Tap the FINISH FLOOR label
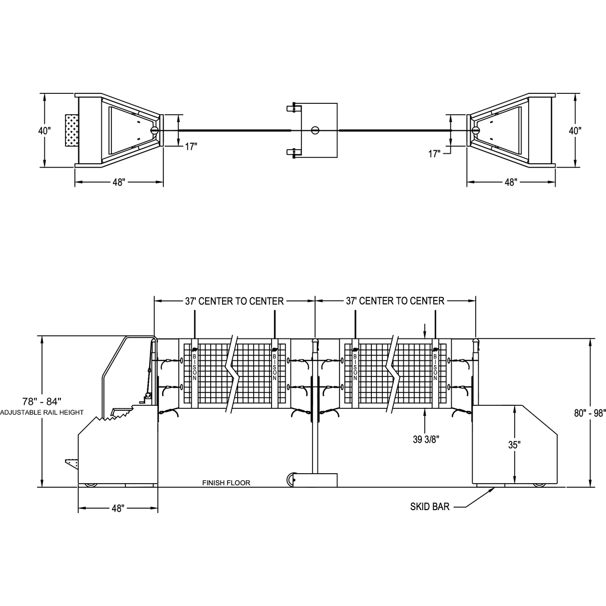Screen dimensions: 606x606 pyautogui.click(x=226, y=483)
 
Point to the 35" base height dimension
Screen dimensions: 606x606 pyautogui.click(x=515, y=445)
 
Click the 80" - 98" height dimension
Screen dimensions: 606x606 pyautogui.click(x=590, y=413)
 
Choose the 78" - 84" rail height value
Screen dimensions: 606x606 pyautogui.click(x=42, y=402)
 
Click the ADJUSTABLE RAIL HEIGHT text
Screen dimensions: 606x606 pyautogui.click(x=42, y=413)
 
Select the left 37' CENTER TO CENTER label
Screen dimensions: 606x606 pyautogui.click(x=234, y=302)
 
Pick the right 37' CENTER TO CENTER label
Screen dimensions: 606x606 pyautogui.click(x=395, y=301)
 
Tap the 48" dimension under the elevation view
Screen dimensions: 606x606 pyautogui.click(x=118, y=509)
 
